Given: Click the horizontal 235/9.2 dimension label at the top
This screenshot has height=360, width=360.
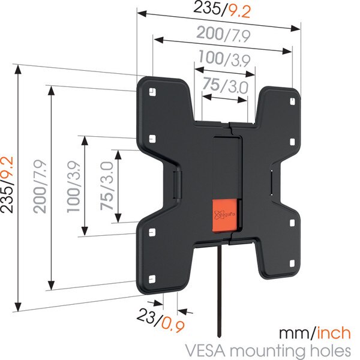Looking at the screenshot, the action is tap(222, 10).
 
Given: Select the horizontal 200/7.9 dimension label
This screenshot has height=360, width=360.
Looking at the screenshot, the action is tap(223, 35).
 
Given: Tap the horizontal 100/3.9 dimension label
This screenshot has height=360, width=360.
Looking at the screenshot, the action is tap(224, 59).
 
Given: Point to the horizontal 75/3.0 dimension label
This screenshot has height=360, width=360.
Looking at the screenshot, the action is tap(225, 85).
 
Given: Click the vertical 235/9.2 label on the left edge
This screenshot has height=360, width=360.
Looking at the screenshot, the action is tap(7, 185).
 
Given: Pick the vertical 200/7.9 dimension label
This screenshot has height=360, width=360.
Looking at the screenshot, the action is tap(40, 187).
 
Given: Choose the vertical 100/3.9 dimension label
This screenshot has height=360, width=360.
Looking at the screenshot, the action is tap(74, 187).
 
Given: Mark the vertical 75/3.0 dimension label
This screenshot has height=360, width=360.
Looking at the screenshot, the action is tap(107, 186).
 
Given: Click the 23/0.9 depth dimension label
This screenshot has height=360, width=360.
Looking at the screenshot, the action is tap(161, 320).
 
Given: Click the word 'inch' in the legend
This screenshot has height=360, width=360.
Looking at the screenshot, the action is tap(334, 333).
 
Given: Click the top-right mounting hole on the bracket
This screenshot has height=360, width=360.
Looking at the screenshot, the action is tap(292, 101).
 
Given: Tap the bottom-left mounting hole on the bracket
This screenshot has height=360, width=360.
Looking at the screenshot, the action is tap(152, 279).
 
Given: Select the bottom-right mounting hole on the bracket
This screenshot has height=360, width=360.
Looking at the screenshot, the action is tap(292, 263).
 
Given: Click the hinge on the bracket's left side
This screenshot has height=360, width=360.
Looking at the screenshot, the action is tap(178, 185).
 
